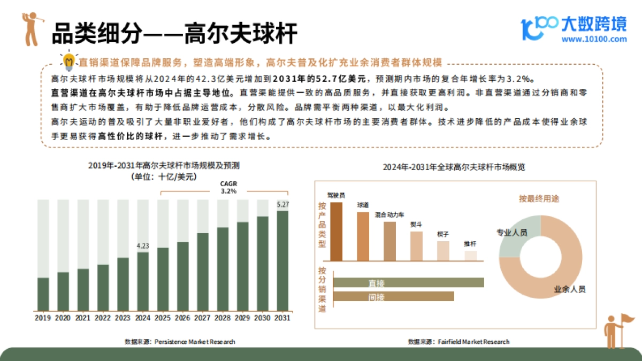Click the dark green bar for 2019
[43, 294]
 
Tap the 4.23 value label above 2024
[143, 246]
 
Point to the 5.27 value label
[282, 204]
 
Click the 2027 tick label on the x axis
[203, 318]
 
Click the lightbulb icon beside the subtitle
[68, 62]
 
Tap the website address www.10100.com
[594, 39]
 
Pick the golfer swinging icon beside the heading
[30, 29]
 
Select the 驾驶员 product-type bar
[337, 231]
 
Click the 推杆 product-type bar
[470, 256]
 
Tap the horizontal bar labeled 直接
[408, 282]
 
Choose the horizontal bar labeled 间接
[393, 296]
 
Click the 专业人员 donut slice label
[512, 233]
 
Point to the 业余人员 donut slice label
[569, 289]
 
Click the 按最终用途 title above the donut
[539, 198]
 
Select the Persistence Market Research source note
[180, 341]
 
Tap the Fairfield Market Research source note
[458, 341]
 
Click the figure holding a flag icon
[616, 331]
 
